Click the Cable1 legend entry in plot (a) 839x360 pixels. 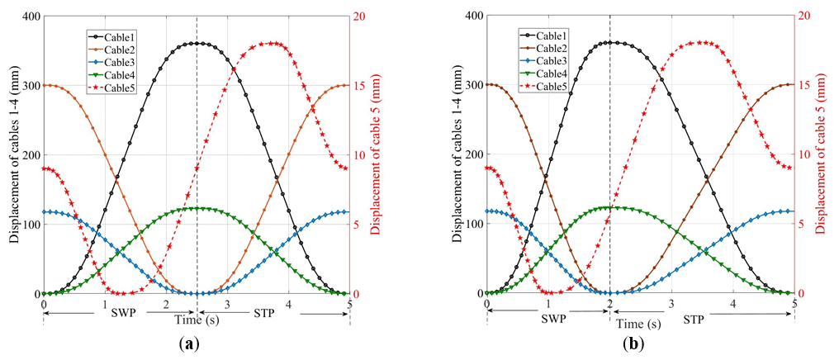click(x=124, y=36)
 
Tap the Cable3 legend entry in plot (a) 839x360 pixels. click(x=124, y=61)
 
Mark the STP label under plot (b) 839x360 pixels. click(x=694, y=319)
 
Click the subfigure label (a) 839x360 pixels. click(x=189, y=342)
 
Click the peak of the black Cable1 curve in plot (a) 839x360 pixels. click(x=197, y=43)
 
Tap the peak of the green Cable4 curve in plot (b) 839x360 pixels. click(x=609, y=207)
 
